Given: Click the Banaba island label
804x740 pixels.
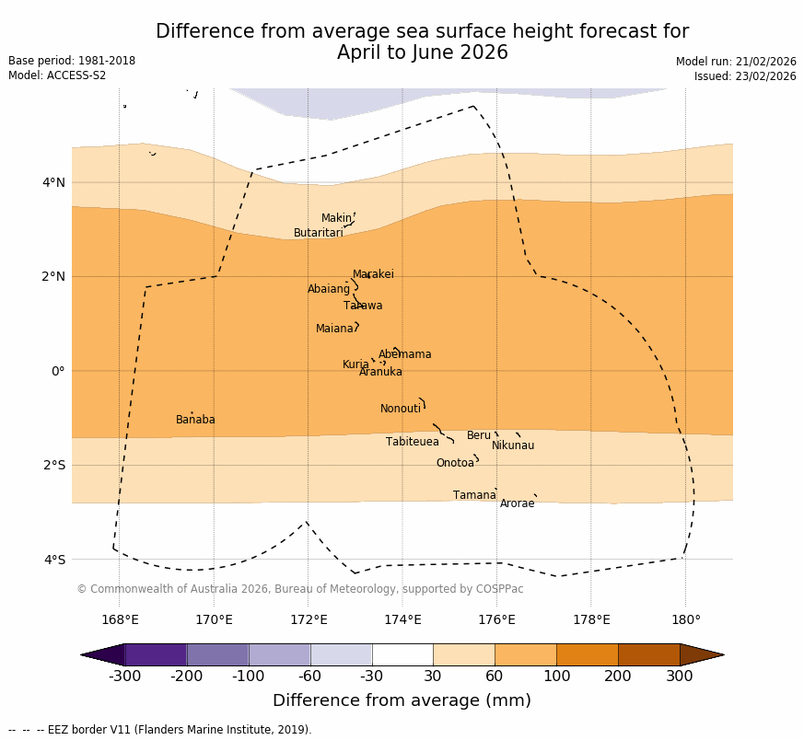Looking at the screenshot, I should pyautogui.click(x=195, y=420).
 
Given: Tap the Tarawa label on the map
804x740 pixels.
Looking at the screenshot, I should pyautogui.click(x=363, y=306).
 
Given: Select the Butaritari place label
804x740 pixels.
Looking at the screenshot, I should pyautogui.click(x=318, y=233).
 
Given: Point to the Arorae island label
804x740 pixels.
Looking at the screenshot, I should pyautogui.click(x=517, y=503).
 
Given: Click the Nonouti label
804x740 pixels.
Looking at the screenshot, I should pyautogui.click(x=401, y=409).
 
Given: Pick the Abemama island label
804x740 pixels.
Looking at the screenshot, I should pyautogui.click(x=404, y=354).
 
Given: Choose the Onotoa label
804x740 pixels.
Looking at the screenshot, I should pyautogui.click(x=455, y=463).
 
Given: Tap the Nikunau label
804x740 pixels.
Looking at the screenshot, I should pyautogui.click(x=512, y=445).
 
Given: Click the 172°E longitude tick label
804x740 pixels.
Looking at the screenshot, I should pyautogui.click(x=309, y=619).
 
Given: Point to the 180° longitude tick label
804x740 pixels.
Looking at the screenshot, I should pyautogui.click(x=685, y=619).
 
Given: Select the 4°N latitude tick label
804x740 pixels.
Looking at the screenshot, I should pyautogui.click(x=54, y=182).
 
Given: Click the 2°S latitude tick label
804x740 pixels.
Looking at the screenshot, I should pyautogui.click(x=54, y=465).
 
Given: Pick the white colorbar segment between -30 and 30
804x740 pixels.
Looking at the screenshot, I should pyautogui.click(x=402, y=654).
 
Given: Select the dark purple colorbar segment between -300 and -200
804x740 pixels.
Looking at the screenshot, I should pyautogui.click(x=156, y=654).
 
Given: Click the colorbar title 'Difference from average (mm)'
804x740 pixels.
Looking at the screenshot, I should pyautogui.click(x=402, y=700).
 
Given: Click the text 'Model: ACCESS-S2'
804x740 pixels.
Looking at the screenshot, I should pyautogui.click(x=57, y=75).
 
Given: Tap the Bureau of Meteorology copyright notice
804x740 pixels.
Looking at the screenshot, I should pyautogui.click(x=299, y=589).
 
